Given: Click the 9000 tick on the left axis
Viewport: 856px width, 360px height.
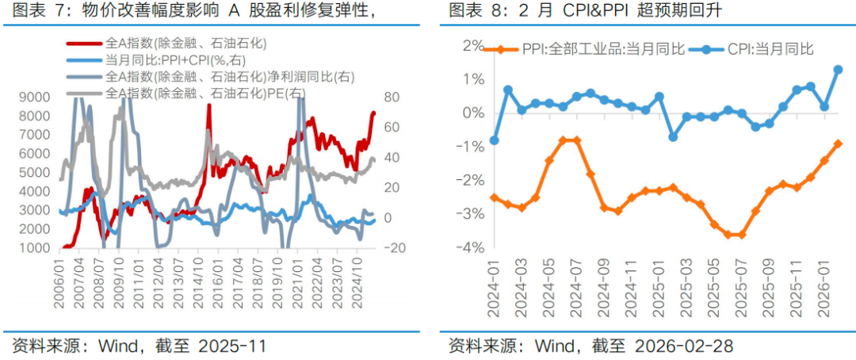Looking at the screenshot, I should pyautogui.click(x=34, y=97).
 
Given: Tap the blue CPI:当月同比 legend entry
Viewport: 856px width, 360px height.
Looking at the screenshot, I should pyautogui.click(x=765, y=50).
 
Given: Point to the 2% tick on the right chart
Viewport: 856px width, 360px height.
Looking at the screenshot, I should pyautogui.click(x=473, y=45).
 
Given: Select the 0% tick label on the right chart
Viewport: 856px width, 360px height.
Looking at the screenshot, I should pyautogui.click(x=473, y=113).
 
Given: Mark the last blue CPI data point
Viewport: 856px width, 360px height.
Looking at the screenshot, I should pyautogui.click(x=838, y=69).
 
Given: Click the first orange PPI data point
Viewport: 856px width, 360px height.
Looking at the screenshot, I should pyautogui.click(x=495, y=197).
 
